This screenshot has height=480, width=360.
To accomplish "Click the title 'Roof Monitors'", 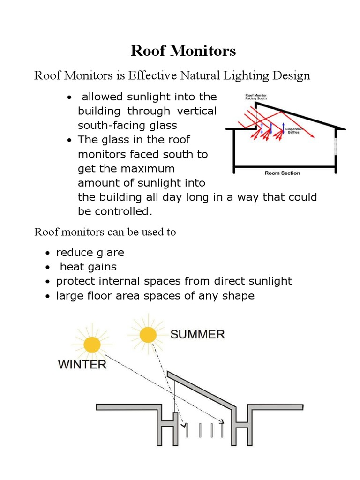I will coord(183,51).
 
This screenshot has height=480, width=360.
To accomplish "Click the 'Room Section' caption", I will coord(282,173).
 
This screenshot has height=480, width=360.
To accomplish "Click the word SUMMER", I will coord(197,334).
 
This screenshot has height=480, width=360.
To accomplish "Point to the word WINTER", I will coord(82,364).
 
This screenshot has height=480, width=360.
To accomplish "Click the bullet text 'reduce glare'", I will coord(90,253).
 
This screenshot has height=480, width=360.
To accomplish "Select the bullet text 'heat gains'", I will coord(88,267).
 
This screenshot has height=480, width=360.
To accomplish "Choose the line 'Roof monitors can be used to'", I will coord(105,232).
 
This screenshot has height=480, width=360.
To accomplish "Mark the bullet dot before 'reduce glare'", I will coord(48,254).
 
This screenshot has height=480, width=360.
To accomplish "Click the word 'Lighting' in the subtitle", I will coord(250,75).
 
